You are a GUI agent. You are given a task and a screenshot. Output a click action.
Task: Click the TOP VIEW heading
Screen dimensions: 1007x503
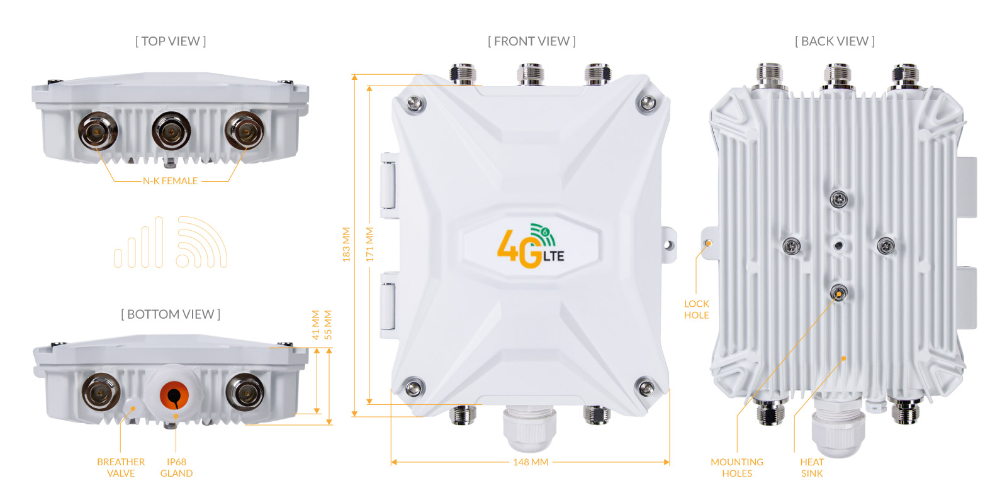click(171, 41)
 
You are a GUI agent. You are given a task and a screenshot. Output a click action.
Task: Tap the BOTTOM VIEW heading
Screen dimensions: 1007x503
click(171, 314)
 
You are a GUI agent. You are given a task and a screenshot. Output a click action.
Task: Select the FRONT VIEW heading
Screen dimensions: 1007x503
click(532, 41)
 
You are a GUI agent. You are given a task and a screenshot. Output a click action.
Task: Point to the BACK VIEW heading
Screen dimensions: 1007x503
click(835, 41)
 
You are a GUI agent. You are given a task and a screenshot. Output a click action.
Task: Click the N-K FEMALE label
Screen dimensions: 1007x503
click(171, 181)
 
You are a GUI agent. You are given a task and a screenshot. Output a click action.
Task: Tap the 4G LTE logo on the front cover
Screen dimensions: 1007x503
click(531, 246)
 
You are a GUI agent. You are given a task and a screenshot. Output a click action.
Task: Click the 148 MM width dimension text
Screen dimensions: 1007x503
click(531, 462)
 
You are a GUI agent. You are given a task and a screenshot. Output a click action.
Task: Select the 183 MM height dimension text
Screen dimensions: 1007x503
click(346, 245)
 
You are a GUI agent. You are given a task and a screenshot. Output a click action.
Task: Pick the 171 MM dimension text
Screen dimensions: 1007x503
click(369, 245)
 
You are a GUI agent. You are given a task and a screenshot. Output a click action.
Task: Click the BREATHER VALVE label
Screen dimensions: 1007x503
click(121, 468)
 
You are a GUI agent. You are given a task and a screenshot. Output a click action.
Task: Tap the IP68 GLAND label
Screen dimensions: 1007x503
click(176, 468)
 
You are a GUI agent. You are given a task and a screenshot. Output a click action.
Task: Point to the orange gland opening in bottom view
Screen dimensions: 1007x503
click(174, 395)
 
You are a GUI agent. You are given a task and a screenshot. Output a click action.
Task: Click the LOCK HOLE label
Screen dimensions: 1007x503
click(696, 309)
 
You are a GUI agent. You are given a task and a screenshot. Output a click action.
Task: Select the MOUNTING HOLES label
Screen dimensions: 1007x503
click(737, 468)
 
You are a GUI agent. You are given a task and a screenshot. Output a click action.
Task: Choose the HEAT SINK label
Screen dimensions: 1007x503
click(812, 468)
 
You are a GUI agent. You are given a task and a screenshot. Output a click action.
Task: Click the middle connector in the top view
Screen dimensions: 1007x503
click(171, 131)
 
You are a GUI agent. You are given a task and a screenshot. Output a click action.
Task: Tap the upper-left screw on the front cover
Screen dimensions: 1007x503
click(415, 104)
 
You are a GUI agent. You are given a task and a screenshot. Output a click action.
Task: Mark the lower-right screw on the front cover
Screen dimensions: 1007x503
click(646, 387)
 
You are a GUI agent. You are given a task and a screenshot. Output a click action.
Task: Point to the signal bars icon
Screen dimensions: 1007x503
click(138, 242)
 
